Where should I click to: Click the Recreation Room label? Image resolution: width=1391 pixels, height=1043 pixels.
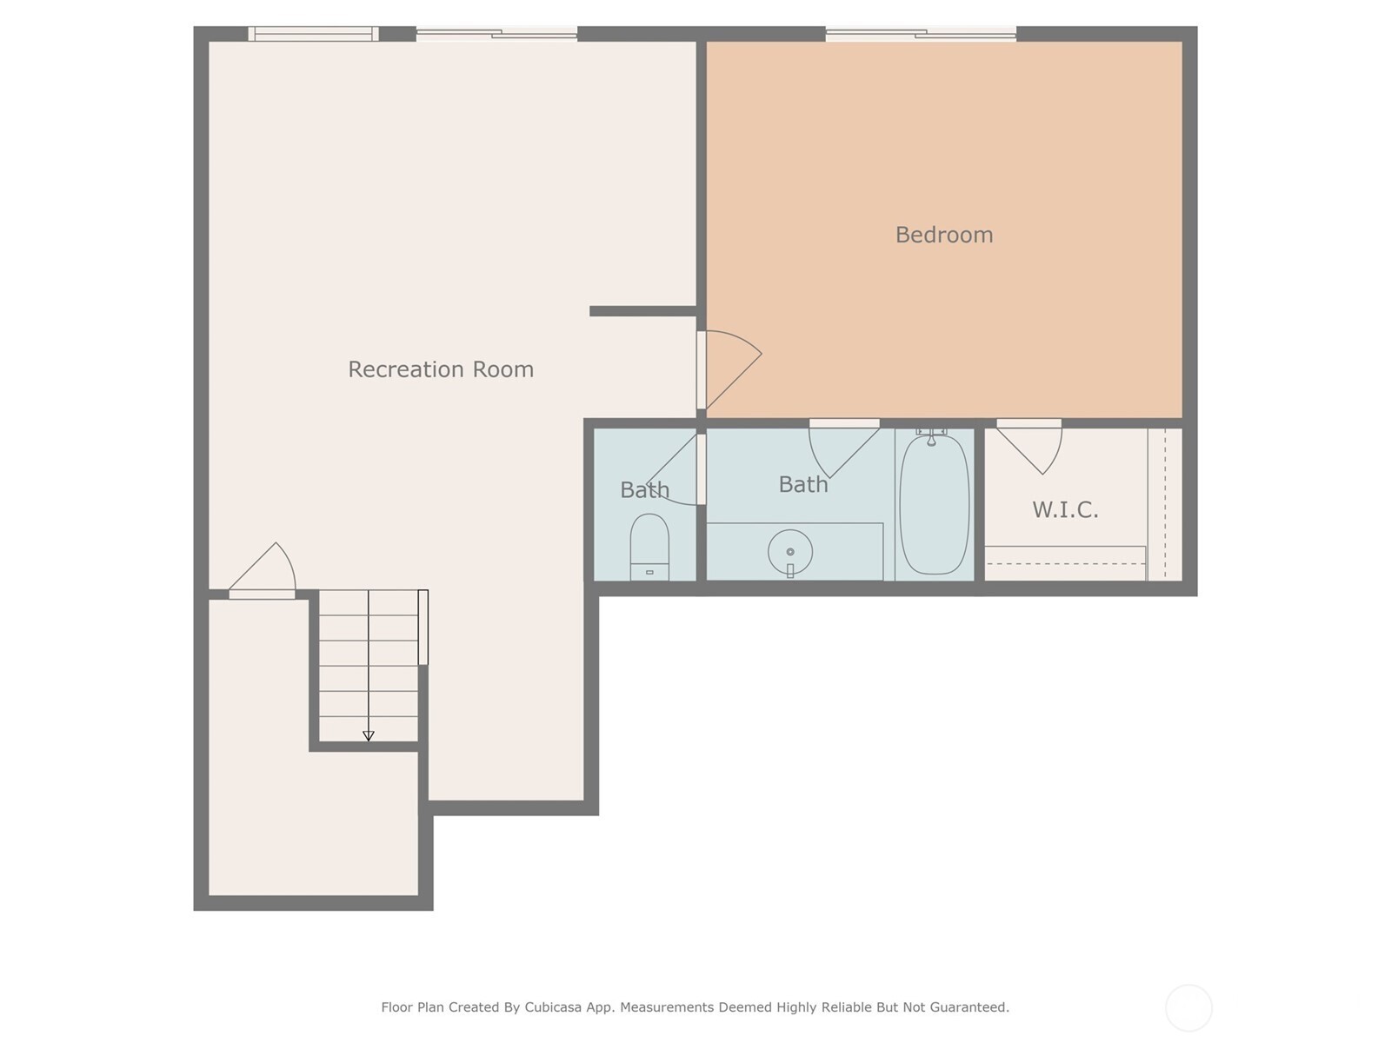point(441,369)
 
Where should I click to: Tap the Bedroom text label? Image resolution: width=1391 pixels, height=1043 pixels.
point(944,235)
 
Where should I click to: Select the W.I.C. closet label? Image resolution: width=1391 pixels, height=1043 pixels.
point(1065,510)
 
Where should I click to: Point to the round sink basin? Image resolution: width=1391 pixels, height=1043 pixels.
point(790,552)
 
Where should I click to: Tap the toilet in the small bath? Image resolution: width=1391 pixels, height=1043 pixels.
point(649,546)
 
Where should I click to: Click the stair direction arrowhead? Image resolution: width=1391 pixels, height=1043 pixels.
point(369,736)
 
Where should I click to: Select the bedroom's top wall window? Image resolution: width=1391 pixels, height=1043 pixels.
point(921,35)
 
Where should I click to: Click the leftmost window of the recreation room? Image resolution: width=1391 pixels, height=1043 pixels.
point(313,34)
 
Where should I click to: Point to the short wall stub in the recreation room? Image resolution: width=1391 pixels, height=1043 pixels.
point(642,311)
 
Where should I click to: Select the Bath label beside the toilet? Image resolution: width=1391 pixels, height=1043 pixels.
point(644,490)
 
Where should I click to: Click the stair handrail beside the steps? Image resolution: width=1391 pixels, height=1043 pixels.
point(423,627)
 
